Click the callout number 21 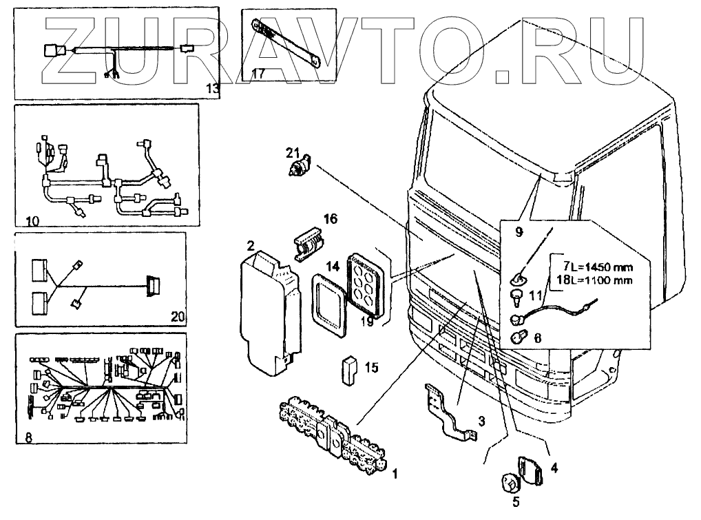click(x=292, y=152)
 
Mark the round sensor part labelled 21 click(x=302, y=168)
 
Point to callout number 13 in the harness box click(x=212, y=87)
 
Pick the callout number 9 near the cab click(x=519, y=232)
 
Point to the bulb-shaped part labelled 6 click(x=521, y=337)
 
